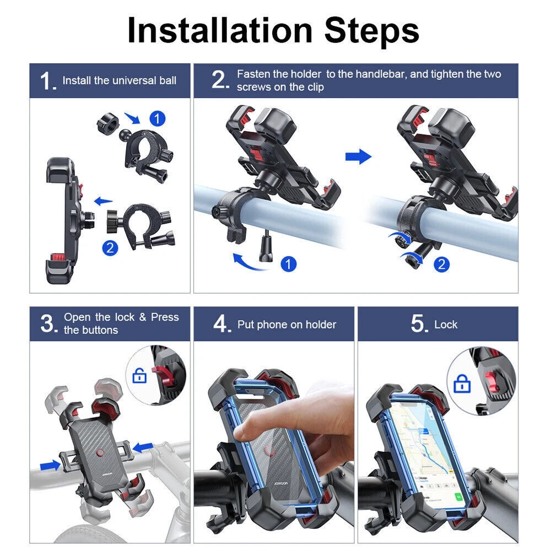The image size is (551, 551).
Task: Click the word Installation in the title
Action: click(220, 30)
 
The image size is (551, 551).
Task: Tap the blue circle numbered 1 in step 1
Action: click(158, 119)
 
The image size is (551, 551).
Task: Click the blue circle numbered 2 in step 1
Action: click(110, 248)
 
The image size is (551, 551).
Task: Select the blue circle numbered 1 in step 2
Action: click(289, 264)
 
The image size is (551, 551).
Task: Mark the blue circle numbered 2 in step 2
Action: click(442, 264)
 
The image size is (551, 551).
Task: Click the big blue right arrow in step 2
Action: click(359, 156)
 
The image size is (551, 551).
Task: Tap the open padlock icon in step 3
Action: click(139, 376)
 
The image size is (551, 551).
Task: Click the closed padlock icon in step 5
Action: click(462, 383)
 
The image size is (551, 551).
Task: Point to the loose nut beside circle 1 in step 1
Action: click(108, 123)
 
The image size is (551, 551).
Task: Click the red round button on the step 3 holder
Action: click(100, 452)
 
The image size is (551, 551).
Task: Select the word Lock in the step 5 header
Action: click(446, 325)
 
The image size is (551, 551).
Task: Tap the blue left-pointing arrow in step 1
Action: click(104, 201)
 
